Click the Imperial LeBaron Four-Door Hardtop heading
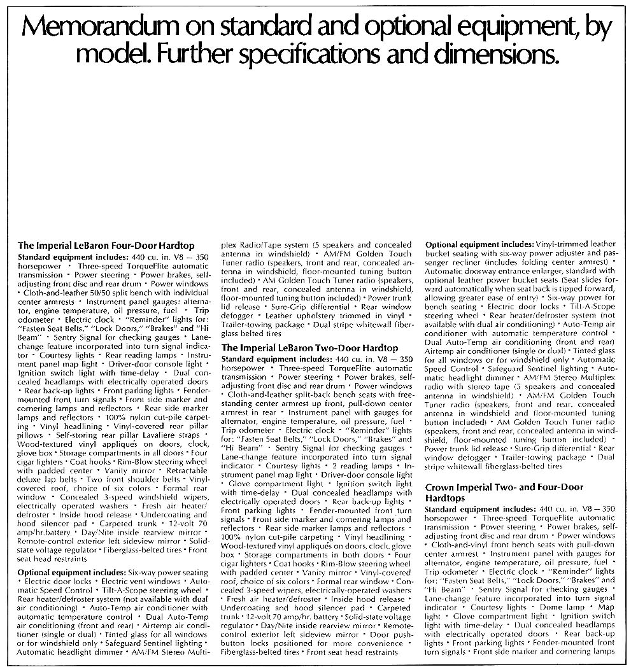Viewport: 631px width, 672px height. tap(106, 246)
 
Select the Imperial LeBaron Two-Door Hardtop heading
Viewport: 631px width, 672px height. tap(309, 348)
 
